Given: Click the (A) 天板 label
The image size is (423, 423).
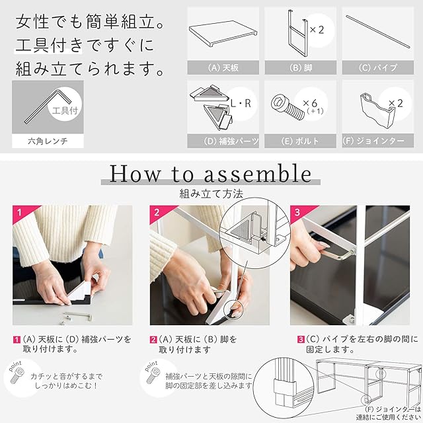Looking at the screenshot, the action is pyautogui.click(x=223, y=67).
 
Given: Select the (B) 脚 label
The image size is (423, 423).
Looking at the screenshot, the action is pyautogui.click(x=301, y=67).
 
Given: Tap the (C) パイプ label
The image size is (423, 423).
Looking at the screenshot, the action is pyautogui.click(x=378, y=67).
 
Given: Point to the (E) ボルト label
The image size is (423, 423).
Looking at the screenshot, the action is pyautogui.click(x=300, y=141).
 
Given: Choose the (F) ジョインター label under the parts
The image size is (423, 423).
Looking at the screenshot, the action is pyautogui.click(x=373, y=141).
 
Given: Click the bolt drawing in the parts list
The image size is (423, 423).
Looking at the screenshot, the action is pyautogui.click(x=288, y=107).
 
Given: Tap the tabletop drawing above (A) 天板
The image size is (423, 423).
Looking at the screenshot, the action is pyautogui.click(x=223, y=33).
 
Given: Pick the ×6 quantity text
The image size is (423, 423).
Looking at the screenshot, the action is pyautogui.click(x=310, y=103).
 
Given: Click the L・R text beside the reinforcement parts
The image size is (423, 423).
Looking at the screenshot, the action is pyautogui.click(x=241, y=103).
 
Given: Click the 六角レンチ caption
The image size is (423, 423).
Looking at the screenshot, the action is pyautogui.click(x=48, y=141).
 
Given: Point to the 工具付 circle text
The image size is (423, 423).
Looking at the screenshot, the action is pyautogui.click(x=65, y=110).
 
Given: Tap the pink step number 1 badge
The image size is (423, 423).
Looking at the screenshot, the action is pyautogui.click(x=19, y=213).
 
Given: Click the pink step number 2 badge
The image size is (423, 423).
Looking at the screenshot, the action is pyautogui.click(x=157, y=213).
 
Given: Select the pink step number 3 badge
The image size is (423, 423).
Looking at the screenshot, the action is pyautogui.click(x=297, y=213).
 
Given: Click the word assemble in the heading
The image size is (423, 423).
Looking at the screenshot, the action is pyautogui.click(x=258, y=174).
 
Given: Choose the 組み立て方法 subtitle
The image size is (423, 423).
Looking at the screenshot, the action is pyautogui.click(x=211, y=194).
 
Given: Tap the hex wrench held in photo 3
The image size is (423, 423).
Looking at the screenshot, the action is pyautogui.click(x=337, y=255).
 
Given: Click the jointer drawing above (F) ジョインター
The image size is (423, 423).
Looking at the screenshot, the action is pyautogui.click(x=377, y=110).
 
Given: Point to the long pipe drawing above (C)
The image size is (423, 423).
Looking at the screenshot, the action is pyautogui.click(x=378, y=32).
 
